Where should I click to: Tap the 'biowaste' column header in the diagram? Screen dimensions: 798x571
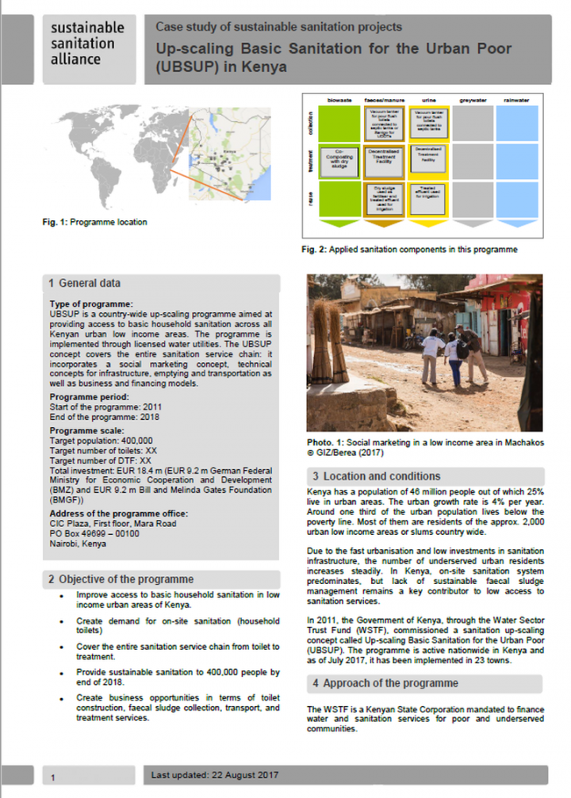click(x=331, y=101)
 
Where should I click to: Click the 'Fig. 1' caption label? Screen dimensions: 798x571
click(x=54, y=223)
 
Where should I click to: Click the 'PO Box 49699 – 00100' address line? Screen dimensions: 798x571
click(x=94, y=533)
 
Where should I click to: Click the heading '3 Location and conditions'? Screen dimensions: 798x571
click(x=376, y=476)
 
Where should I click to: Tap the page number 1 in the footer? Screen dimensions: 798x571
click(x=53, y=778)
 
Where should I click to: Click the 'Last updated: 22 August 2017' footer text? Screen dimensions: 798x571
click(x=214, y=774)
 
